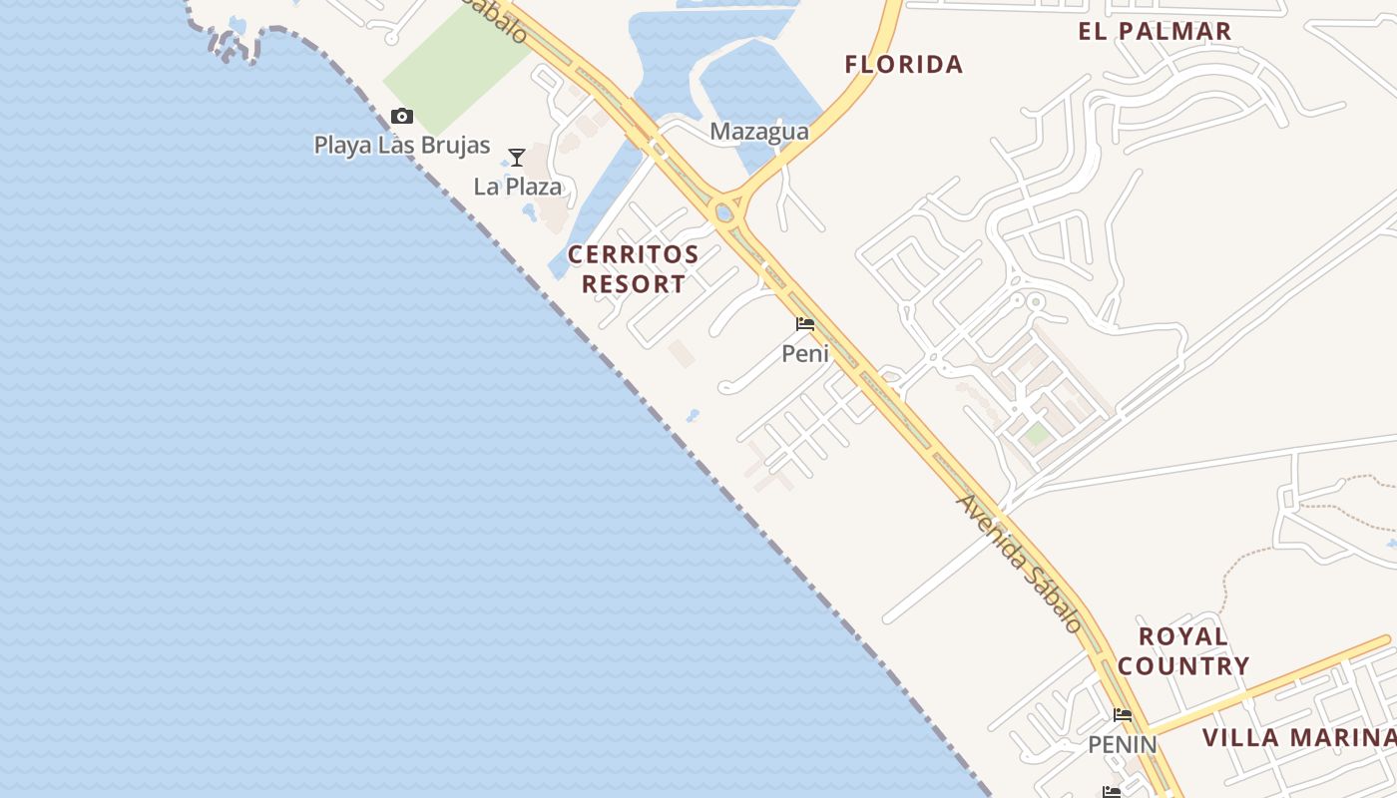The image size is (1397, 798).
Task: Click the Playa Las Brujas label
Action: pyautogui.click(x=402, y=146)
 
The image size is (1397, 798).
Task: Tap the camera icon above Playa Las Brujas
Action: pyautogui.click(x=402, y=117)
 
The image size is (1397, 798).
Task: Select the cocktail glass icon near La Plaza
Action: pyautogui.click(x=517, y=158)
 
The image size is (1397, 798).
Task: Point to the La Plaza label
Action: pyautogui.click(x=517, y=187)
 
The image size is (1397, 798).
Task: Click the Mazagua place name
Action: pyautogui.click(x=759, y=132)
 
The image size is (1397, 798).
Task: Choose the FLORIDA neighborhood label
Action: pyautogui.click(x=904, y=65)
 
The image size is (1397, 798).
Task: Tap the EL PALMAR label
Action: pyautogui.click(x=1155, y=31)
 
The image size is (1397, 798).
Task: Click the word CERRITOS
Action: pyautogui.click(x=634, y=255)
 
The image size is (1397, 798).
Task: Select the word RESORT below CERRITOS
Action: pyautogui.click(x=634, y=284)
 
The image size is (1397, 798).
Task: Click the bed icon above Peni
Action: pyautogui.click(x=805, y=324)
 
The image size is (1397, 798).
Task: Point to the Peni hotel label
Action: pyautogui.click(x=805, y=353)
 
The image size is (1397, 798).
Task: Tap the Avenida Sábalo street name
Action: pyautogui.click(x=1019, y=564)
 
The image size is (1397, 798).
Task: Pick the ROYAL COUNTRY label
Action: pyautogui.click(x=1182, y=650)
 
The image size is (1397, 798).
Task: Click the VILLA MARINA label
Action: pyautogui.click(x=1298, y=738)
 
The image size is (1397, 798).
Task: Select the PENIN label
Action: pyautogui.click(x=1123, y=744)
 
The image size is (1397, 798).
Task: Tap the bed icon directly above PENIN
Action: pyautogui.click(x=1123, y=715)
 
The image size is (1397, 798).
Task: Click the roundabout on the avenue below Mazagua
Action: pyautogui.click(x=725, y=211)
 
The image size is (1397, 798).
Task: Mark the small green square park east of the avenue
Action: pyautogui.click(x=1037, y=434)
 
